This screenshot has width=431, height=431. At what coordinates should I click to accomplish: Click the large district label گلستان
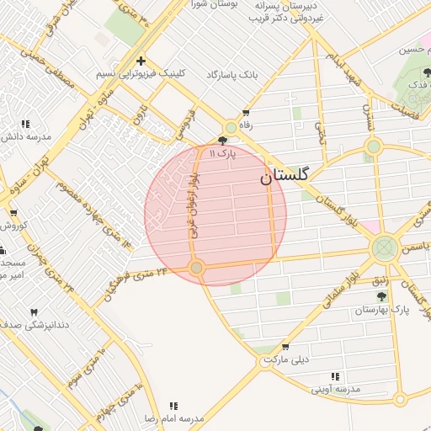[x=284, y=176]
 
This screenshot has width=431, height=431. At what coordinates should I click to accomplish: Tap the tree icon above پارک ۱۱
[x=222, y=141]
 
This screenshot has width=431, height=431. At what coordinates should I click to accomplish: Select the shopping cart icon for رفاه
[x=245, y=112]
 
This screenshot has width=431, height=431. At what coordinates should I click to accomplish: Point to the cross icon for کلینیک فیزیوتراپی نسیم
[x=141, y=61]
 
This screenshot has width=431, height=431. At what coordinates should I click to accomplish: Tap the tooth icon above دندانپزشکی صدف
[x=35, y=312]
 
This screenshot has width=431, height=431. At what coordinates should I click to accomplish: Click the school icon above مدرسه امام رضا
[x=174, y=406]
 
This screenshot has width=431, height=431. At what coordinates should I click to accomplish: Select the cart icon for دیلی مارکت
[x=285, y=346]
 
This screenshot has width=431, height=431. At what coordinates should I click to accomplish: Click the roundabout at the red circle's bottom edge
[x=197, y=268]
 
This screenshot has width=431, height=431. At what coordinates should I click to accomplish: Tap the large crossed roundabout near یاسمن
[x=385, y=248]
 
